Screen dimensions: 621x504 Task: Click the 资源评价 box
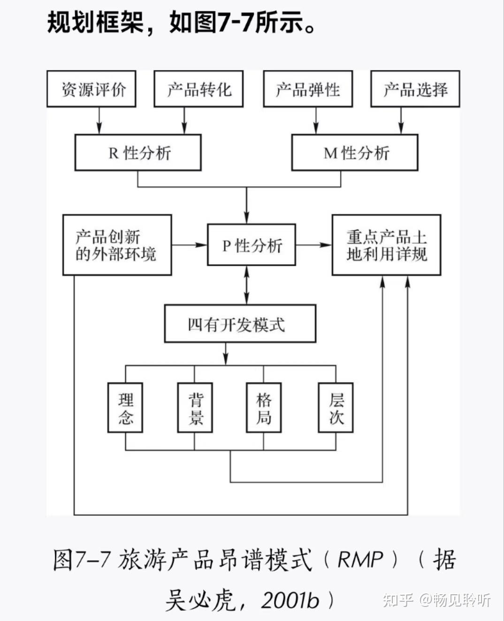coord(92,89)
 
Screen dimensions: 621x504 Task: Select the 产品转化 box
coord(199,89)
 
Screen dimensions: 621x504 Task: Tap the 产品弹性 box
coord(308,89)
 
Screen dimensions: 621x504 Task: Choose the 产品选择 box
coord(415,89)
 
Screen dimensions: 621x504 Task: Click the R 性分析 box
coord(138,153)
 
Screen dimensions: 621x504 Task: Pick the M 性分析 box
coord(355,153)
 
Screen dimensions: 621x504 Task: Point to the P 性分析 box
coord(252,245)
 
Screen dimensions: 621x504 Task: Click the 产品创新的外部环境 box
coord(117,245)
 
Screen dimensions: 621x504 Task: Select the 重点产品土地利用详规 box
coord(386,245)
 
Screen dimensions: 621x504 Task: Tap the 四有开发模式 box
coord(240,324)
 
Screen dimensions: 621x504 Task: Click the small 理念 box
coord(125,408)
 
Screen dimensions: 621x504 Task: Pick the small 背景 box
coord(195,408)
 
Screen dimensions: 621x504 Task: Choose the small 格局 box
coord(264,408)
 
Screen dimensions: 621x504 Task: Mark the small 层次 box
coord(336,408)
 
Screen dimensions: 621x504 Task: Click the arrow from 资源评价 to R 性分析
coord(99,121)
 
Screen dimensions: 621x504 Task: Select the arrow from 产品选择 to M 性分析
coord(401,121)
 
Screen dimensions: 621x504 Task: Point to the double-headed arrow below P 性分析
coord(247,285)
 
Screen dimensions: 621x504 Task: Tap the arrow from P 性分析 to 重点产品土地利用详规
coord(313,245)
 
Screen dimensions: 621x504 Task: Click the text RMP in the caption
coord(360,559)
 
